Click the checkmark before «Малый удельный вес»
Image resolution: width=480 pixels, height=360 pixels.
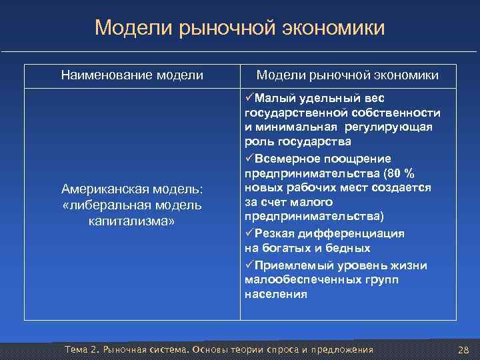coord(249,99)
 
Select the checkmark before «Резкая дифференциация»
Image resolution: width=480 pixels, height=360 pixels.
coord(249,234)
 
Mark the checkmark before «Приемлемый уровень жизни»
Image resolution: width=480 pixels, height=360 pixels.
coord(249,265)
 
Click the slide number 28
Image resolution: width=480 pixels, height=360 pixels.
coord(464,351)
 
